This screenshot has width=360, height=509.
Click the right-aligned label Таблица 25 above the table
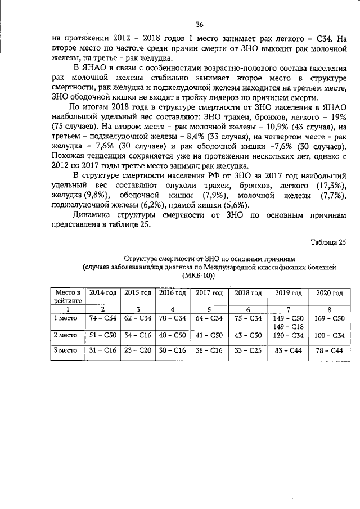click(x=328, y=242)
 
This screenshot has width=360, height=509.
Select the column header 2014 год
click(x=103, y=293)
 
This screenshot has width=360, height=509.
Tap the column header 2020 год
click(x=330, y=293)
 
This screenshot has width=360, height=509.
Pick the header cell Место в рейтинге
click(x=67, y=296)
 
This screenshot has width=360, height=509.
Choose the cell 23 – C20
click(x=138, y=350)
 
